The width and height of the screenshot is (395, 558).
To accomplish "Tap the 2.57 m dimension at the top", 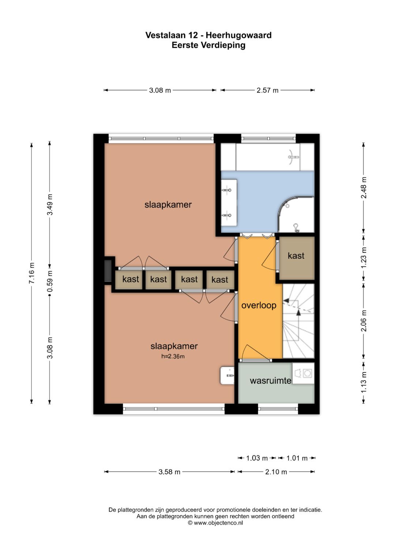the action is (267, 90).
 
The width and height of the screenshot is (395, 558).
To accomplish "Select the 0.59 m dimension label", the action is (50, 281).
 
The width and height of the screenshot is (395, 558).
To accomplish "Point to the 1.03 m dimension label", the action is (257, 458).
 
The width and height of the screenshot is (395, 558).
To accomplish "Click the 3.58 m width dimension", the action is (169, 472).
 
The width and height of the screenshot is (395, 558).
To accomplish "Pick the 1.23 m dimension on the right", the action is (364, 258).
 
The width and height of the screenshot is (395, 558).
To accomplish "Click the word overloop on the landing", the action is (259, 305).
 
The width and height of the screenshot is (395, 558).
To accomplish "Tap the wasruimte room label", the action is (271, 380).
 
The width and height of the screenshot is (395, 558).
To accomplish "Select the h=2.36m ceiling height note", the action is (173, 357).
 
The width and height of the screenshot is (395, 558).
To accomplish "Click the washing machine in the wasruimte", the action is (303, 373).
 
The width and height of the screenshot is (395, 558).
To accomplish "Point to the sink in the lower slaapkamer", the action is (227, 375).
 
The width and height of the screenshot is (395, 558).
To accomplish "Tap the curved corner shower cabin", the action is (296, 215).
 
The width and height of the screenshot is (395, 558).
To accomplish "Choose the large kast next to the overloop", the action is (297, 258).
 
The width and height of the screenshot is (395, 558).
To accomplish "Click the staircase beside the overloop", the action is (298, 321).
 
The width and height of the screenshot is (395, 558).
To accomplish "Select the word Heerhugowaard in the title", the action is (238, 35).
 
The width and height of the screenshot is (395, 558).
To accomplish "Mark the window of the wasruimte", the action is (278, 409).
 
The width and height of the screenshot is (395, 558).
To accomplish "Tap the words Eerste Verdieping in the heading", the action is (208, 45).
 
